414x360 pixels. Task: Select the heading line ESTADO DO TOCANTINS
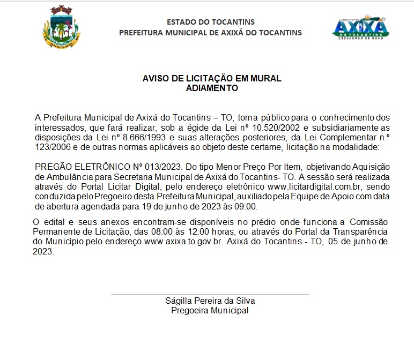click(x=211, y=22)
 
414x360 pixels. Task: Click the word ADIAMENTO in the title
click(x=211, y=88)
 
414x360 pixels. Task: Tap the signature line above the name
click(x=210, y=295)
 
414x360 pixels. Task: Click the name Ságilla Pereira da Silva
click(x=210, y=301)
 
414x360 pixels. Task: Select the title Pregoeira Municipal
click(x=210, y=310)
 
